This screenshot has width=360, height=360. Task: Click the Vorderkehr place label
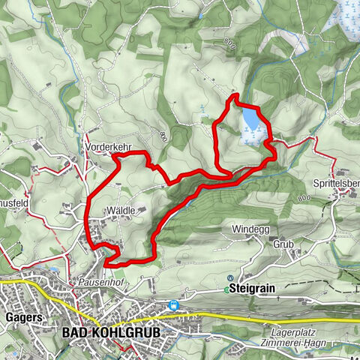click(104, 147)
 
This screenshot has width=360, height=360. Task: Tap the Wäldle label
click(120, 211)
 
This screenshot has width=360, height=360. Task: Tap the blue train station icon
click(174, 305)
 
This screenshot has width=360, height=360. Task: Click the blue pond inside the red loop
click(252, 119)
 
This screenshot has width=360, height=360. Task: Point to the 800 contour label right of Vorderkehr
click(162, 136)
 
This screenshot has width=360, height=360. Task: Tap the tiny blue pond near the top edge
click(201, 13)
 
